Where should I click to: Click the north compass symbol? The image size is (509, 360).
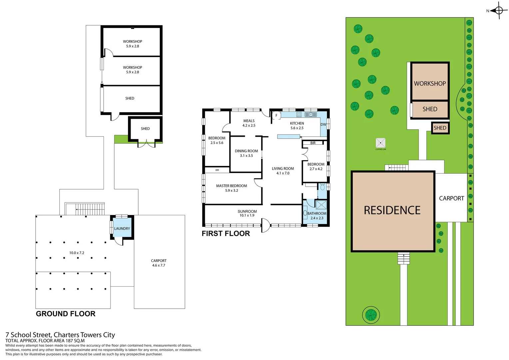[498, 10]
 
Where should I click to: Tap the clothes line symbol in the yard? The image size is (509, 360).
[380, 143]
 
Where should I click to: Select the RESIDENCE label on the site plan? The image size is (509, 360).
[392, 210]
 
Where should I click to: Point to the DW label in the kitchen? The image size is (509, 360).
[323, 125]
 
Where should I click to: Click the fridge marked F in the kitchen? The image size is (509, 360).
[276, 116]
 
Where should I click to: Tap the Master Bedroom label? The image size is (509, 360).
[232, 186]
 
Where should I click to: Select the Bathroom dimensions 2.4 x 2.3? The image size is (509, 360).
[317, 218]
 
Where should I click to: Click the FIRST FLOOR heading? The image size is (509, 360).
[226, 234]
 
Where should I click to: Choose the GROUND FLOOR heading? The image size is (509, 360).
[66, 314]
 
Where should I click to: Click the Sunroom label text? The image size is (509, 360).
[247, 211]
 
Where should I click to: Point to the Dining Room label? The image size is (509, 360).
[246, 151]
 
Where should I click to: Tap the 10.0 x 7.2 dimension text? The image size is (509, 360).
[77, 253]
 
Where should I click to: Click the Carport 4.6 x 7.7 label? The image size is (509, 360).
[159, 263]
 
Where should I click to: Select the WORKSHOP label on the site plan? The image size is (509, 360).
[430, 84]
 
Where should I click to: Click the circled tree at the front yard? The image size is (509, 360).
[371, 314]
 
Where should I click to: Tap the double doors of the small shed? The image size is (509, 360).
[146, 144]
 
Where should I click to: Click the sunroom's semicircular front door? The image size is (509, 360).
[265, 226]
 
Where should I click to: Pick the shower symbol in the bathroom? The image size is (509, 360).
[321, 205]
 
